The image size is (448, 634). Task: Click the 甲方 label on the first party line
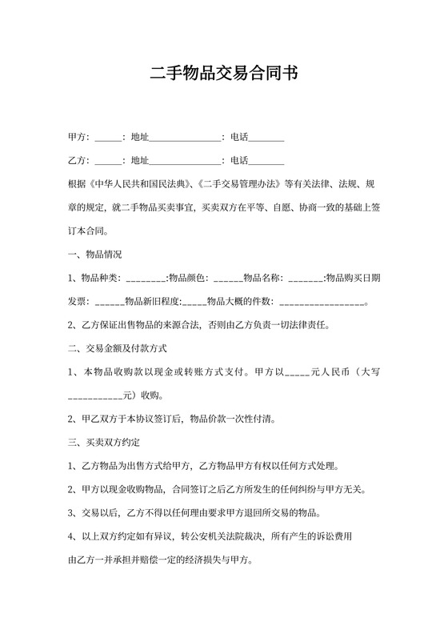pyautogui.click(x=78, y=137)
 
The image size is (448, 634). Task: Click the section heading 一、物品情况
pyautogui.click(x=95, y=255)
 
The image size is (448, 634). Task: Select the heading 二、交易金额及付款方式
pyautogui.click(x=118, y=349)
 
